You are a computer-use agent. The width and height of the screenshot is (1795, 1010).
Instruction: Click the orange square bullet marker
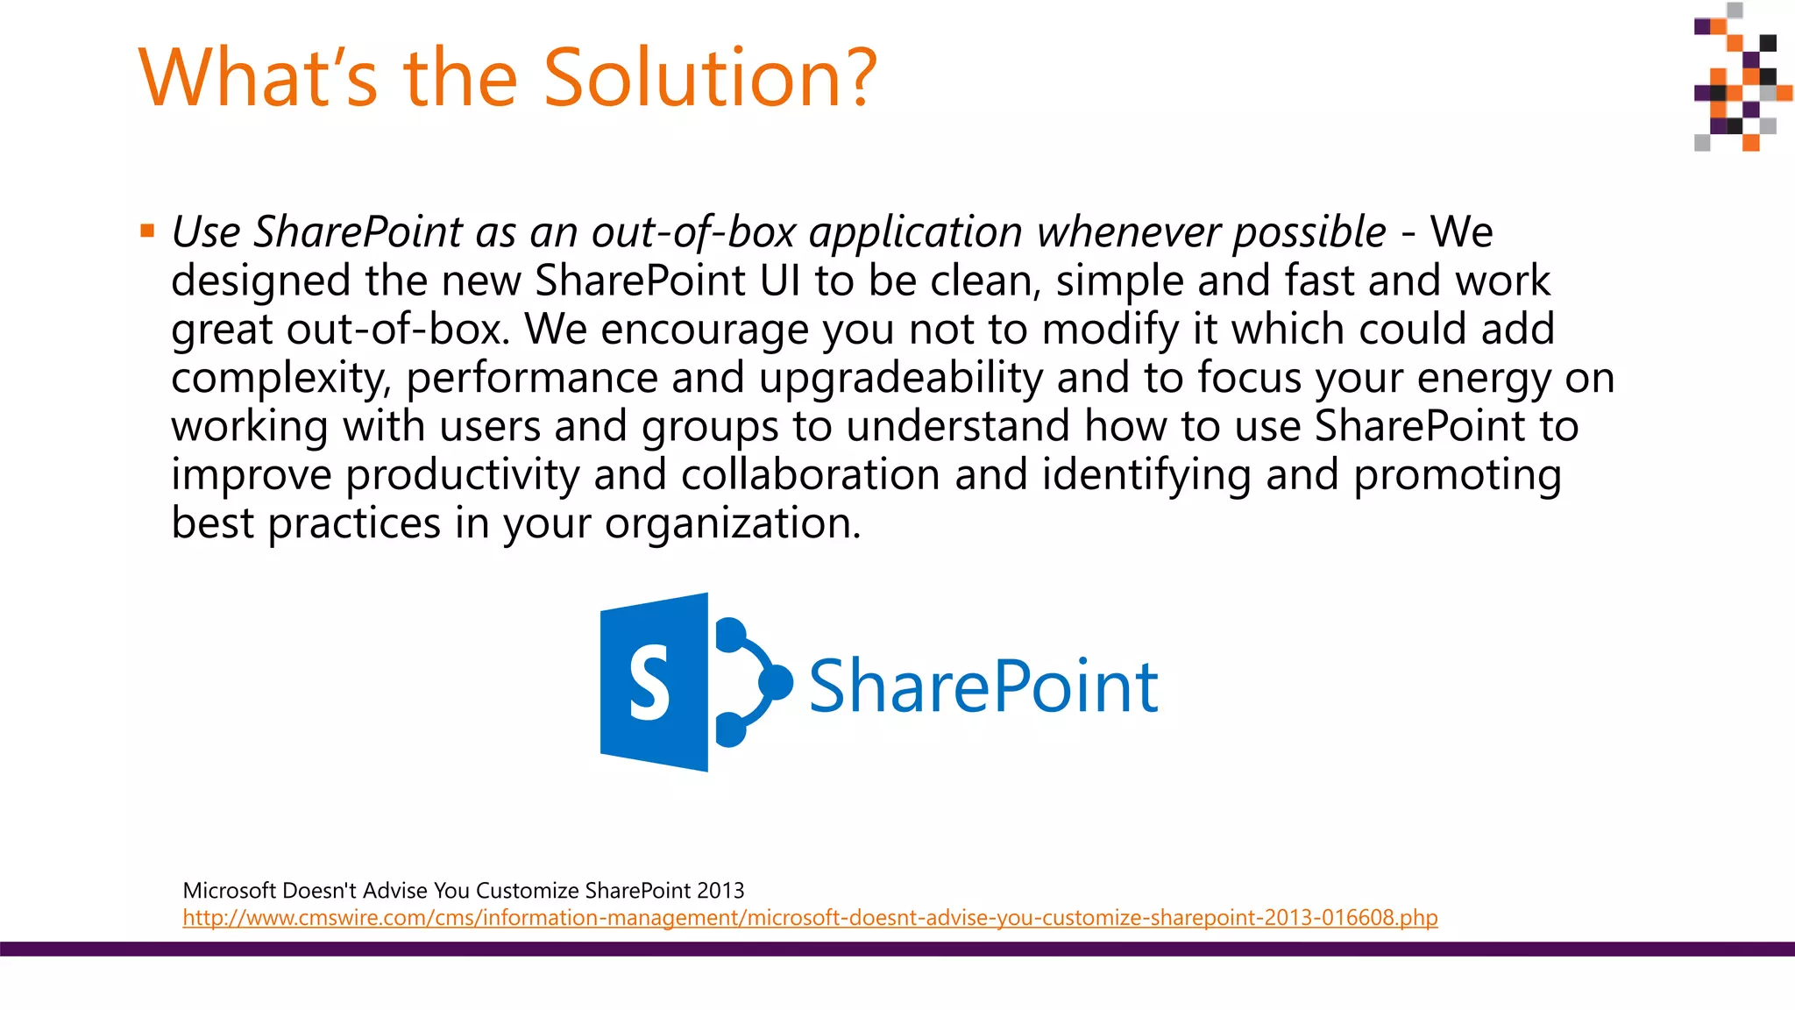point(147,231)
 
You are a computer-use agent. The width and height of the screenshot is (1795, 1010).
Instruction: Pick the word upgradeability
point(901,379)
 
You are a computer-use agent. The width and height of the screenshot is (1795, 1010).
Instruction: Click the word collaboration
point(811,474)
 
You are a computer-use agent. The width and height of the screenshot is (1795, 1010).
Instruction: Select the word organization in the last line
point(732,523)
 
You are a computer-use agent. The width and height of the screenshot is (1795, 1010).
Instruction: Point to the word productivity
point(463,474)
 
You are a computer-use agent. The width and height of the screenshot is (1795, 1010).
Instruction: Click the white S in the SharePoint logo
point(649,683)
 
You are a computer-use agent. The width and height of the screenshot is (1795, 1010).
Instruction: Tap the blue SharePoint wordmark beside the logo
point(983,686)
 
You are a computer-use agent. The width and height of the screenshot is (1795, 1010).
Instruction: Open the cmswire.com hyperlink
point(810,918)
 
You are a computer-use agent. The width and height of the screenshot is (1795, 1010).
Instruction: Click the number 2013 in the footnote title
point(720,891)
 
